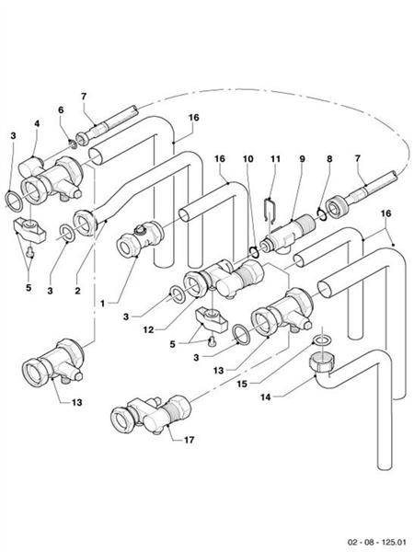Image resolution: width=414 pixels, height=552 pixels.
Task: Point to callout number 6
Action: (x=62, y=109)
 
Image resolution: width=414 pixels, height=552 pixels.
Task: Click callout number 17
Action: (x=189, y=441)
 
